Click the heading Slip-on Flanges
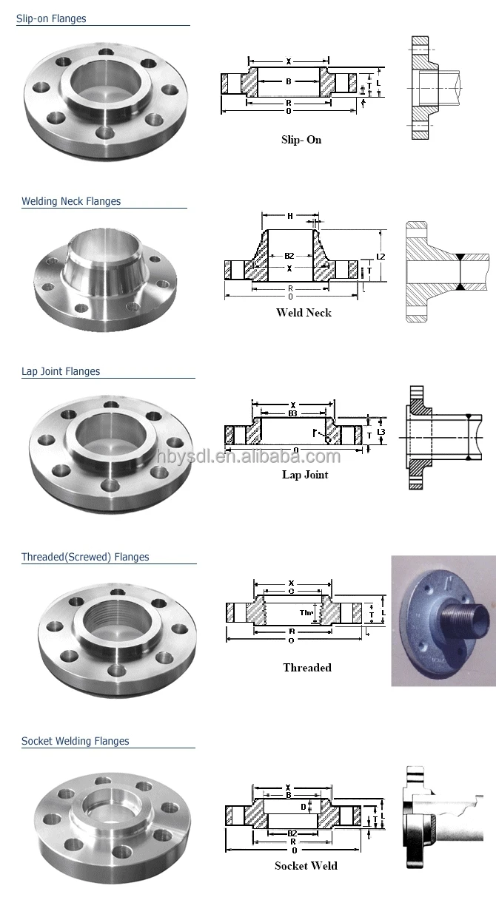(x=51, y=18)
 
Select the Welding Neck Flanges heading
(x=71, y=201)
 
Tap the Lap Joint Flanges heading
(x=61, y=371)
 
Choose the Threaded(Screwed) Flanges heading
(x=85, y=557)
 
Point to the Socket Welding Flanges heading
(x=76, y=741)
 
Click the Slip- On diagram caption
(x=301, y=140)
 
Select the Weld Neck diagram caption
(x=304, y=313)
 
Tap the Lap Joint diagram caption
(x=305, y=475)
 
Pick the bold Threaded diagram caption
(x=307, y=667)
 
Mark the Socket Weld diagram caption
(x=306, y=865)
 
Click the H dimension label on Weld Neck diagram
(x=290, y=217)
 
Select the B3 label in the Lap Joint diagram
(x=292, y=414)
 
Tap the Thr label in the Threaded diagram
(x=306, y=612)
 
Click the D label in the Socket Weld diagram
(x=303, y=805)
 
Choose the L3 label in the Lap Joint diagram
(x=381, y=431)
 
